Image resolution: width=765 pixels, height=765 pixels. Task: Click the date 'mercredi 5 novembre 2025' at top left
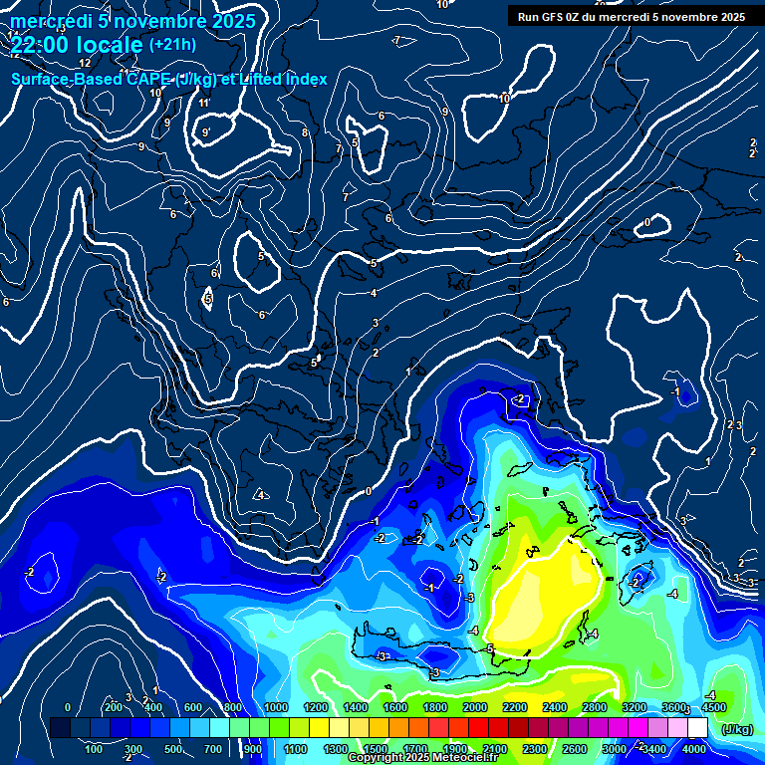132,21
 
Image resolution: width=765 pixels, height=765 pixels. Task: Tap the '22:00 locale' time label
76,45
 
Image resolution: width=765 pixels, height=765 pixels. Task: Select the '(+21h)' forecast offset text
172,45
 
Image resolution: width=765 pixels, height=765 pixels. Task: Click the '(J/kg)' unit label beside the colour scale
737,730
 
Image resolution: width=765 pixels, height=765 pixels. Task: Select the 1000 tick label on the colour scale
275,707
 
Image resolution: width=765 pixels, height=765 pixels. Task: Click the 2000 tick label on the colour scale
474,707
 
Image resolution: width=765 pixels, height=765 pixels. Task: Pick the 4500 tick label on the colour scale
713,707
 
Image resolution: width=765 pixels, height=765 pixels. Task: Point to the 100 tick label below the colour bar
95,749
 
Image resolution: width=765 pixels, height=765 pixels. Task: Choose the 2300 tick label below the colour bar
534,749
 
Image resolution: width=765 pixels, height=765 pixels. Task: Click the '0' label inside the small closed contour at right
647,222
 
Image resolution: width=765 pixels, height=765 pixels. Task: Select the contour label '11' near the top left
204,104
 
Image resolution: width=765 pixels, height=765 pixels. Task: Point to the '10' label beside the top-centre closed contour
504,99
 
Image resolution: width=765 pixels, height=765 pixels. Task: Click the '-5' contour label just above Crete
489,648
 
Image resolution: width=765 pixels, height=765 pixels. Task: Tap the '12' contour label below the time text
85,63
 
